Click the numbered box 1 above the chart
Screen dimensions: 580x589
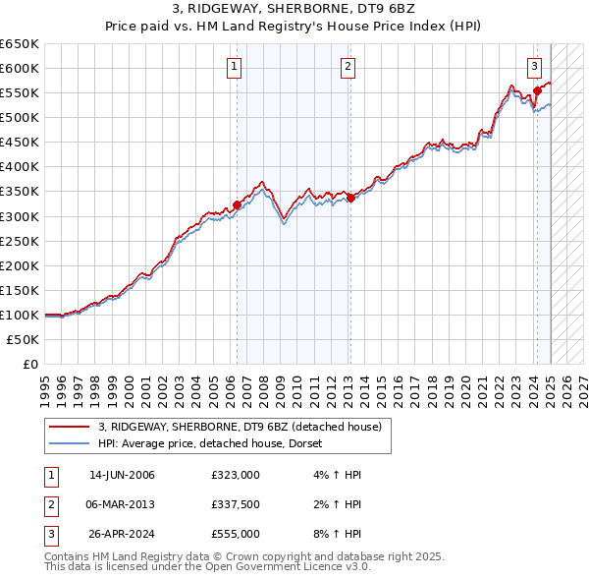(x=236, y=67)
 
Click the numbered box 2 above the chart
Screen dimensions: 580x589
(x=348, y=67)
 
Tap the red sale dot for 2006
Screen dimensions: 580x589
(x=237, y=205)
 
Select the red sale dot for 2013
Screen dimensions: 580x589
(x=350, y=198)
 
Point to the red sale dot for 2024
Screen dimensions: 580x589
(x=537, y=90)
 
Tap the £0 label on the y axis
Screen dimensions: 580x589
(x=29, y=364)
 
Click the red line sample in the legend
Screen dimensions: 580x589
(x=70, y=427)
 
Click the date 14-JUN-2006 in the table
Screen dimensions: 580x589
(x=122, y=475)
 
